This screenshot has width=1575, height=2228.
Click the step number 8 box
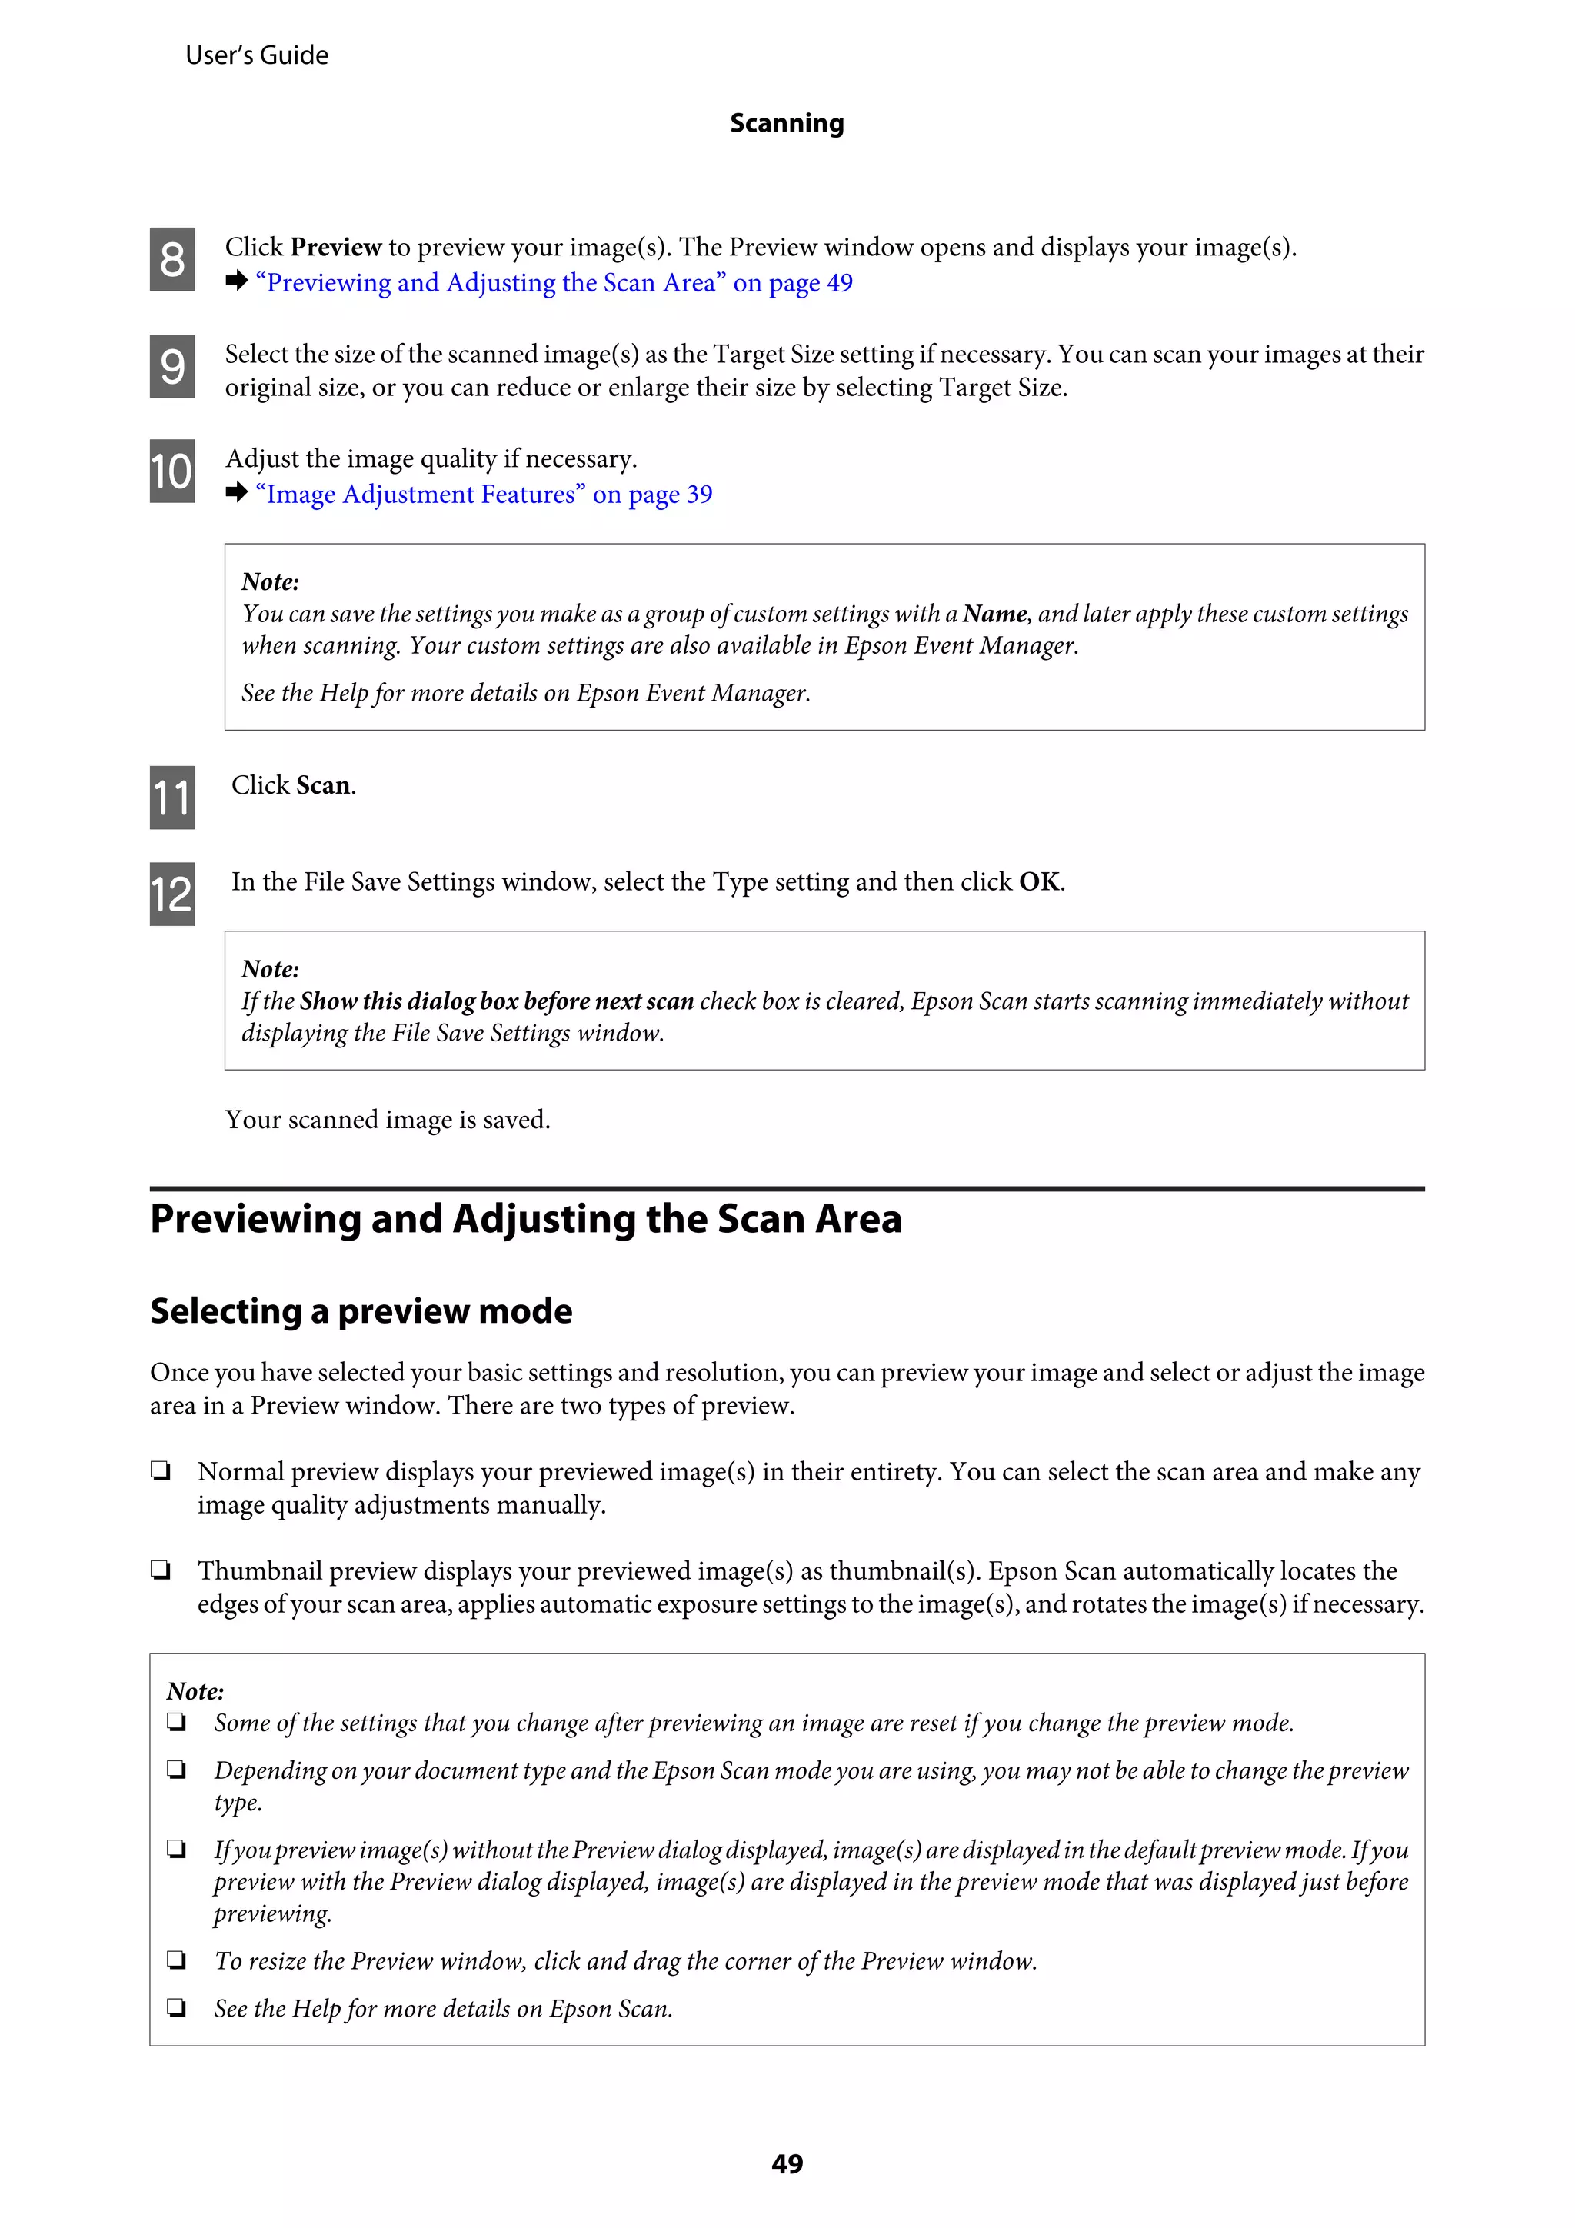171,259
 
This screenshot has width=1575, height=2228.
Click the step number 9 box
171,366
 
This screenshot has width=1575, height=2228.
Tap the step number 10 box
171,471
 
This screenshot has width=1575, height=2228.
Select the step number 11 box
171,798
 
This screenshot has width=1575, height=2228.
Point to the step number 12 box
171,894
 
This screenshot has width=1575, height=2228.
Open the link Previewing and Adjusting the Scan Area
553,283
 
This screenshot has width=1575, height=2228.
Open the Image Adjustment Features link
482,495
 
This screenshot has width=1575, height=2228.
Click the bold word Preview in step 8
336,248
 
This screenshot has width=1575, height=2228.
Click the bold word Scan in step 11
323,785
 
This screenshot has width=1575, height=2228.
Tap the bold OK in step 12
1038,882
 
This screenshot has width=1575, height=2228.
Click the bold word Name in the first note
994,614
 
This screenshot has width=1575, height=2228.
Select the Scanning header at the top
787,123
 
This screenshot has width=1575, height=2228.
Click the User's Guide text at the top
257,55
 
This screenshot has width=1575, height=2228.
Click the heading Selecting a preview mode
361,1311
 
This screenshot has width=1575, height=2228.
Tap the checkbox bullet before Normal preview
161,1471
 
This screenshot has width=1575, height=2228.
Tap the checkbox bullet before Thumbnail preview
161,1570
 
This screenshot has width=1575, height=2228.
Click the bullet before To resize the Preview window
177,1960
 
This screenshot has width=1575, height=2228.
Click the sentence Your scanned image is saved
387,1120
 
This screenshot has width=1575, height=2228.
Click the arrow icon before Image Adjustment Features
237,493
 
